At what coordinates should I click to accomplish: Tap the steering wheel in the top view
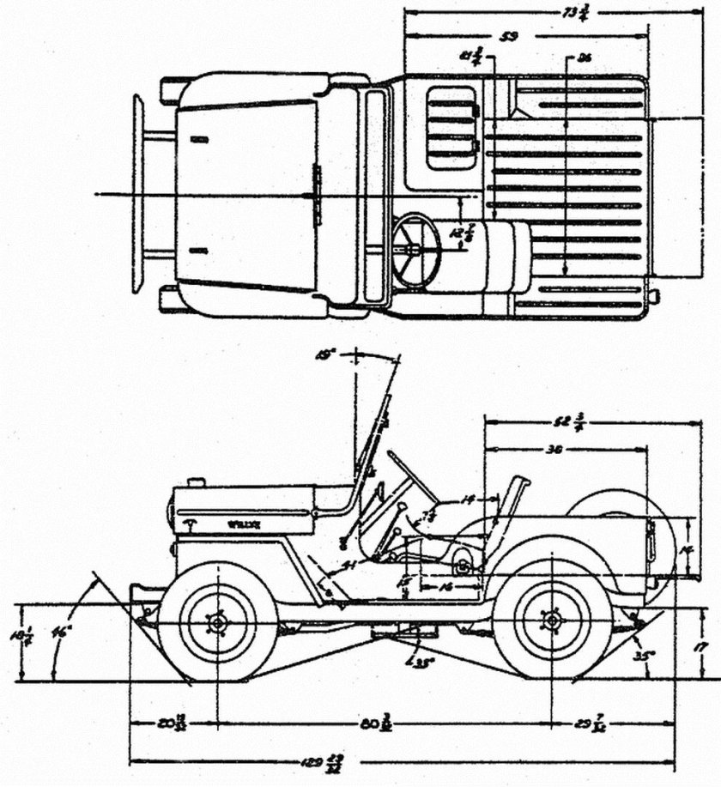point(416,250)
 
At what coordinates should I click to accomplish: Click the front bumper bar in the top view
point(137,194)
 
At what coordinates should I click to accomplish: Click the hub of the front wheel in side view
point(217,621)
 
